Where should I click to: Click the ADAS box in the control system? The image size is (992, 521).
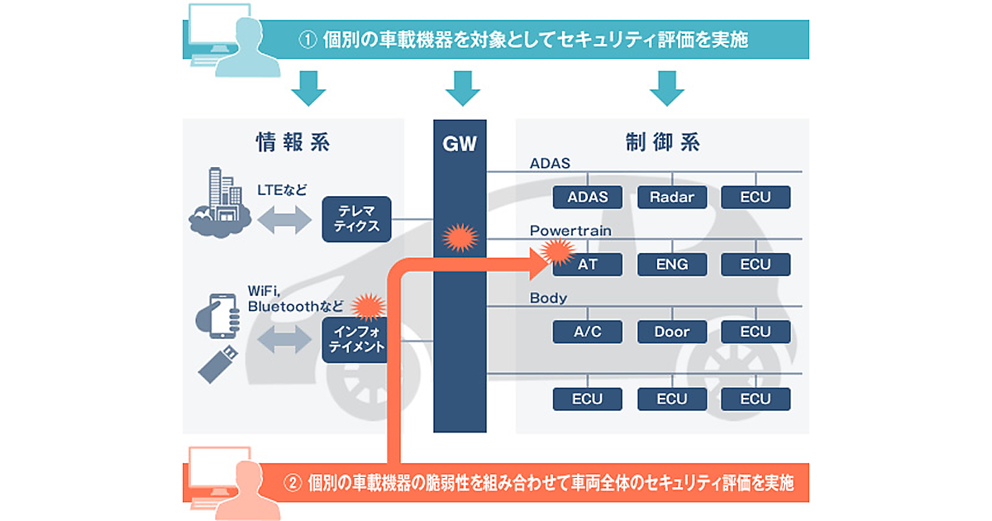point(588,198)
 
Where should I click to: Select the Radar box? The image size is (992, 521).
point(671,198)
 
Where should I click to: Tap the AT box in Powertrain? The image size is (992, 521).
point(588,265)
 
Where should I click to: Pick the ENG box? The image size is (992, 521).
point(671,265)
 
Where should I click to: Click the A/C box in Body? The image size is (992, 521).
point(588,332)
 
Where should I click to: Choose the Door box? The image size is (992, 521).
point(671,332)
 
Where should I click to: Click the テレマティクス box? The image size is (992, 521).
point(356,219)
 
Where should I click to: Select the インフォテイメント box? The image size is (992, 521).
point(355,340)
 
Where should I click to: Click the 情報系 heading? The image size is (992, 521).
point(293,142)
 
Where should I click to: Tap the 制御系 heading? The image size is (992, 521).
point(663,142)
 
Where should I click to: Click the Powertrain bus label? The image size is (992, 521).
point(570,231)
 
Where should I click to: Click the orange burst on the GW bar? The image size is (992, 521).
point(460,238)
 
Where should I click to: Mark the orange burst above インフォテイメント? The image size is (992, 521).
point(369,307)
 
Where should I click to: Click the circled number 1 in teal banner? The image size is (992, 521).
point(308,40)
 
